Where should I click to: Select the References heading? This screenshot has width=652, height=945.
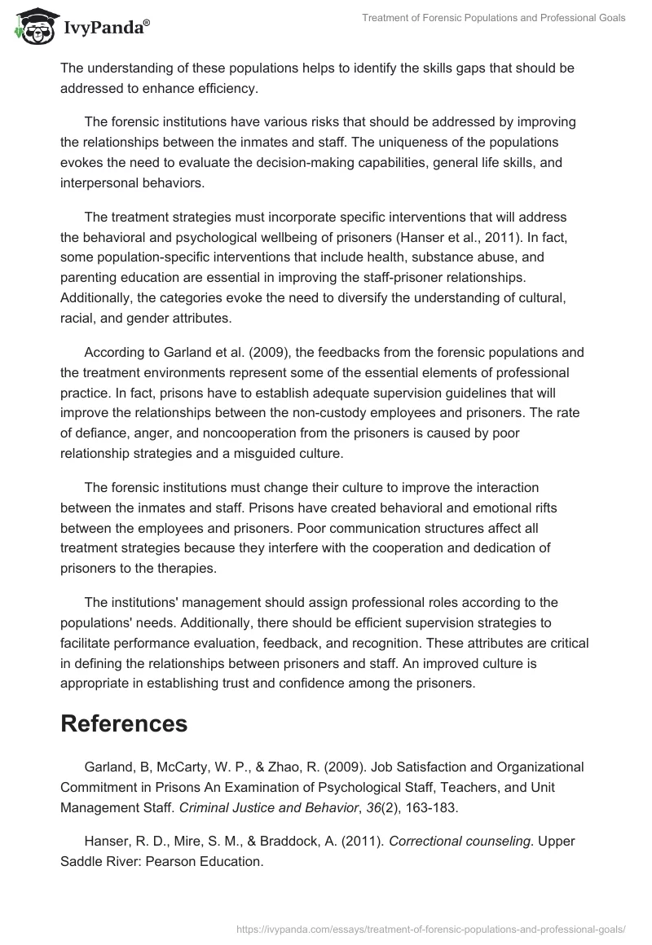(124, 723)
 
